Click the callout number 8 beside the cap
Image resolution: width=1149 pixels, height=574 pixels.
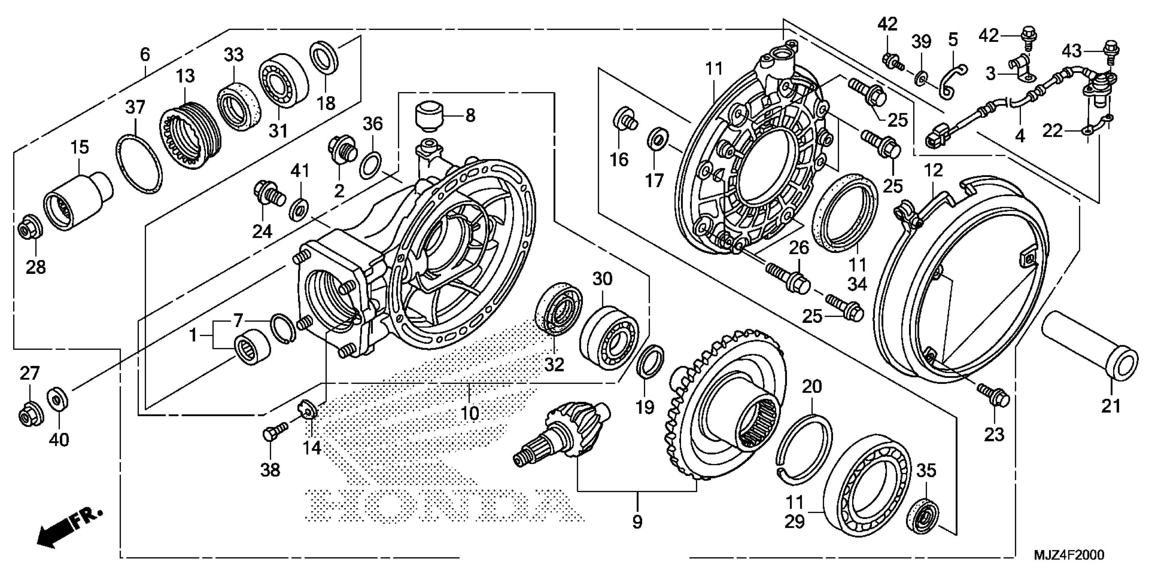[470, 116]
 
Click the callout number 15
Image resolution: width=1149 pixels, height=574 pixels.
[80, 147]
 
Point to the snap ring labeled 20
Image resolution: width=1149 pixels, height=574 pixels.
[807, 448]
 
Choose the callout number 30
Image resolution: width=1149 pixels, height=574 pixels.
[602, 280]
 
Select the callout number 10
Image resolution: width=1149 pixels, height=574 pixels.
[470, 413]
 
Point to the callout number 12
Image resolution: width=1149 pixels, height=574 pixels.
[933, 170]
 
